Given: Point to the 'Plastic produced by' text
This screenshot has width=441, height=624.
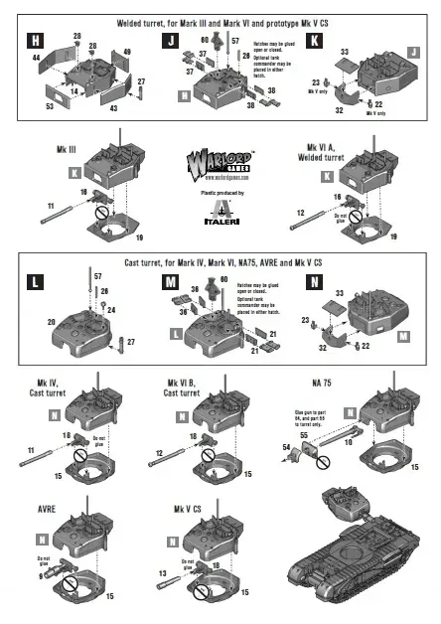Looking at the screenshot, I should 220,189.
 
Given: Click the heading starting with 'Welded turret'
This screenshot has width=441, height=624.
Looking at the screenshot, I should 220,20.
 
